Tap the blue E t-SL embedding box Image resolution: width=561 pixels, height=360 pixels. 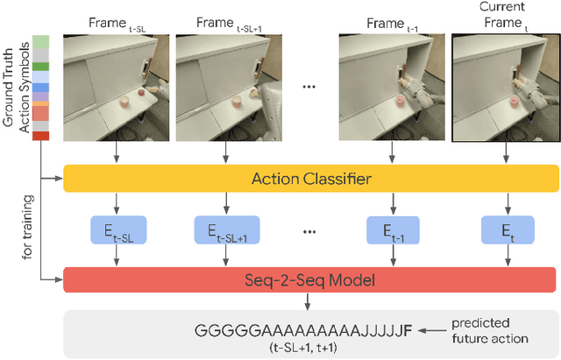point(117,230)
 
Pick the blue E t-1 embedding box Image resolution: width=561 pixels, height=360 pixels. point(393,230)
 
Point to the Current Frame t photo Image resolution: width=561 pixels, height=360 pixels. point(505,88)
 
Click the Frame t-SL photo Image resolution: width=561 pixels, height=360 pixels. point(117,88)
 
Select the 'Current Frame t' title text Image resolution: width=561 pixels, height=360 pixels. point(505,18)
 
